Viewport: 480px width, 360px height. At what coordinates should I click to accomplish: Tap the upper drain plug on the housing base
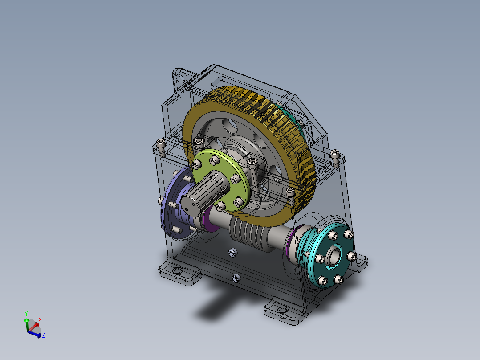point(232,254)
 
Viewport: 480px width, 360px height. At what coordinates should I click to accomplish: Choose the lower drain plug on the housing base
point(236,279)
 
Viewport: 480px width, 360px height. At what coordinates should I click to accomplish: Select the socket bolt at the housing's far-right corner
point(336,155)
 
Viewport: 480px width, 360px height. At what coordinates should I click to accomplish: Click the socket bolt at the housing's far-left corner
point(161,144)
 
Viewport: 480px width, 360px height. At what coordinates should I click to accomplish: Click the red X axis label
point(40,319)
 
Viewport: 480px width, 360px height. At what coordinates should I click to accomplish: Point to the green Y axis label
point(26,313)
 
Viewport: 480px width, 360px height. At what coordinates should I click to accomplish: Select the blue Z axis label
point(44,334)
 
